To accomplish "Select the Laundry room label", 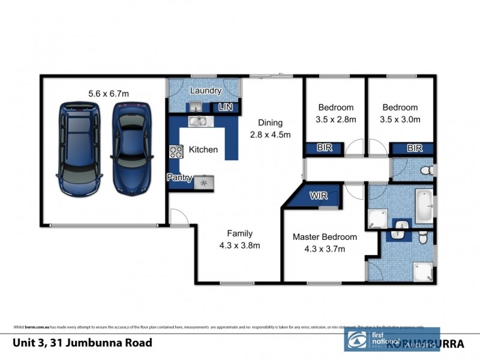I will [206, 91].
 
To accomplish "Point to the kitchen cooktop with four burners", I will [176, 152].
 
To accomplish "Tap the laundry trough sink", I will [195, 107].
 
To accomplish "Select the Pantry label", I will [179, 178].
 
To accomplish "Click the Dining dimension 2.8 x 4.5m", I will [270, 135].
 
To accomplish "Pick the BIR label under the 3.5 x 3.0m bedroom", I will [413, 148].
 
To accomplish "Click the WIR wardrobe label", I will [317, 196].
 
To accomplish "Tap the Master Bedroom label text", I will [324, 237].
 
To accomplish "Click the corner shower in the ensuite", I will [424, 272].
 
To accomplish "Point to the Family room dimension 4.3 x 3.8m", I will [239, 245].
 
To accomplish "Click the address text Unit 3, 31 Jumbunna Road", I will [82, 343].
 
